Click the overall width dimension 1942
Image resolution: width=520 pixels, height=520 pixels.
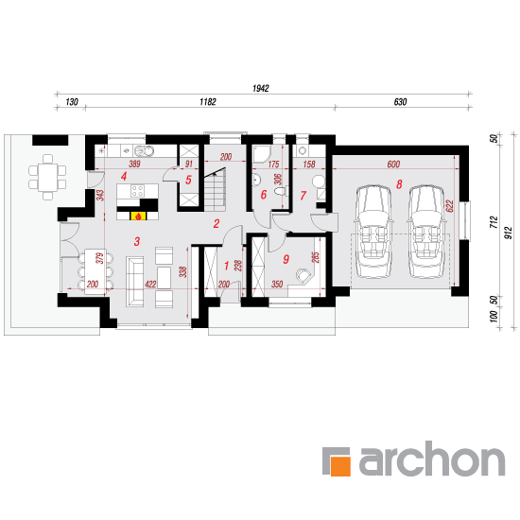(x=261, y=88)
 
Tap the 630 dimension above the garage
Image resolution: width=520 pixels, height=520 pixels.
(x=400, y=102)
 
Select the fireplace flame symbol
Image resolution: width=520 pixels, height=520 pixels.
(x=138, y=217)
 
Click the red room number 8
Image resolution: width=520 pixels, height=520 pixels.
(x=399, y=184)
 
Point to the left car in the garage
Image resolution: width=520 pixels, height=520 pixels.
(x=373, y=231)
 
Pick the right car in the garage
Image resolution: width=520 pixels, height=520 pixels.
(x=425, y=231)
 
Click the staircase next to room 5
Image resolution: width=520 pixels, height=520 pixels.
(x=215, y=189)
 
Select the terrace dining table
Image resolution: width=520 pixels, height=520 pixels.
(x=47, y=178)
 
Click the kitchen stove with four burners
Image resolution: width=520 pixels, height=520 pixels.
(x=138, y=191)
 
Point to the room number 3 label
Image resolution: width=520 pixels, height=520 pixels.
(x=137, y=241)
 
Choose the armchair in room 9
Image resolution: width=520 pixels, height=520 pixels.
(x=303, y=275)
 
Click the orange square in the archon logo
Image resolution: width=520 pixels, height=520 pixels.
(x=341, y=466)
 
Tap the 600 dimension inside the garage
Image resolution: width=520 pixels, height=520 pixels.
(x=393, y=165)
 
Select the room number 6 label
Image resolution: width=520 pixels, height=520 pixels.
(x=264, y=195)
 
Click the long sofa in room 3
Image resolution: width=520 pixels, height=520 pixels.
(x=134, y=282)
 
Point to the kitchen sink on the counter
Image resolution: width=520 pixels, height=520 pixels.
(x=144, y=151)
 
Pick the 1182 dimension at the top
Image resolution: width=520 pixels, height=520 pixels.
(x=208, y=102)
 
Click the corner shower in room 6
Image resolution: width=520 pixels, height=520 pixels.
(x=262, y=154)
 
